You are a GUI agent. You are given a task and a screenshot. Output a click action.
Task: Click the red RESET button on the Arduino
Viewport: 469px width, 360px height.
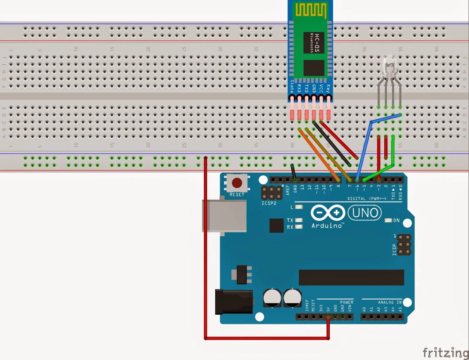click(237, 183)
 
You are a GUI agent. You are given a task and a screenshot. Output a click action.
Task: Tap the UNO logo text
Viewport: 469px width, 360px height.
click(365, 213)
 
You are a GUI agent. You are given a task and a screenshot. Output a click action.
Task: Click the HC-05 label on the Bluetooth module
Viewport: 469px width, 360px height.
click(317, 43)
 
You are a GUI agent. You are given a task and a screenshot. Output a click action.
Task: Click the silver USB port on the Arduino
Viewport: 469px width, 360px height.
click(224, 216)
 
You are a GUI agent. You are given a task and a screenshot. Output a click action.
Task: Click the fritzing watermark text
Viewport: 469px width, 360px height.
click(445, 352)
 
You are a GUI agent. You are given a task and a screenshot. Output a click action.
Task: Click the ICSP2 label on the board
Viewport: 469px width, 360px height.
click(269, 203)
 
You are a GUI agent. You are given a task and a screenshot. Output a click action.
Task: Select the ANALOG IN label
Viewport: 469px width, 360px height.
click(390, 302)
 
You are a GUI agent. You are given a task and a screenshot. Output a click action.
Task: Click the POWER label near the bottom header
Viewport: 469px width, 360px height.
click(346, 302)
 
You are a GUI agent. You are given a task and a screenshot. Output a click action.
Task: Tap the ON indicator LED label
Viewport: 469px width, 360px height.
click(396, 220)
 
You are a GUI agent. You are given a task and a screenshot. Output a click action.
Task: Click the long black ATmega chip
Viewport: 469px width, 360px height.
click(351, 277)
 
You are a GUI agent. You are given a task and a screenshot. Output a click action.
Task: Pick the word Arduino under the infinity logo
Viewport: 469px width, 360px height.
click(327, 226)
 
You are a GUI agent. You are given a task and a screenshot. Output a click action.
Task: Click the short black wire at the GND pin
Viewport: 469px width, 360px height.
click(293, 171)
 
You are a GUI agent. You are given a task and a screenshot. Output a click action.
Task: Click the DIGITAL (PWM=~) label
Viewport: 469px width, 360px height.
click(367, 198)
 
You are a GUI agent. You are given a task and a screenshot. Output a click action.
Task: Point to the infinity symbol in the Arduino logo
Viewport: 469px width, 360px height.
click(328, 213)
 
